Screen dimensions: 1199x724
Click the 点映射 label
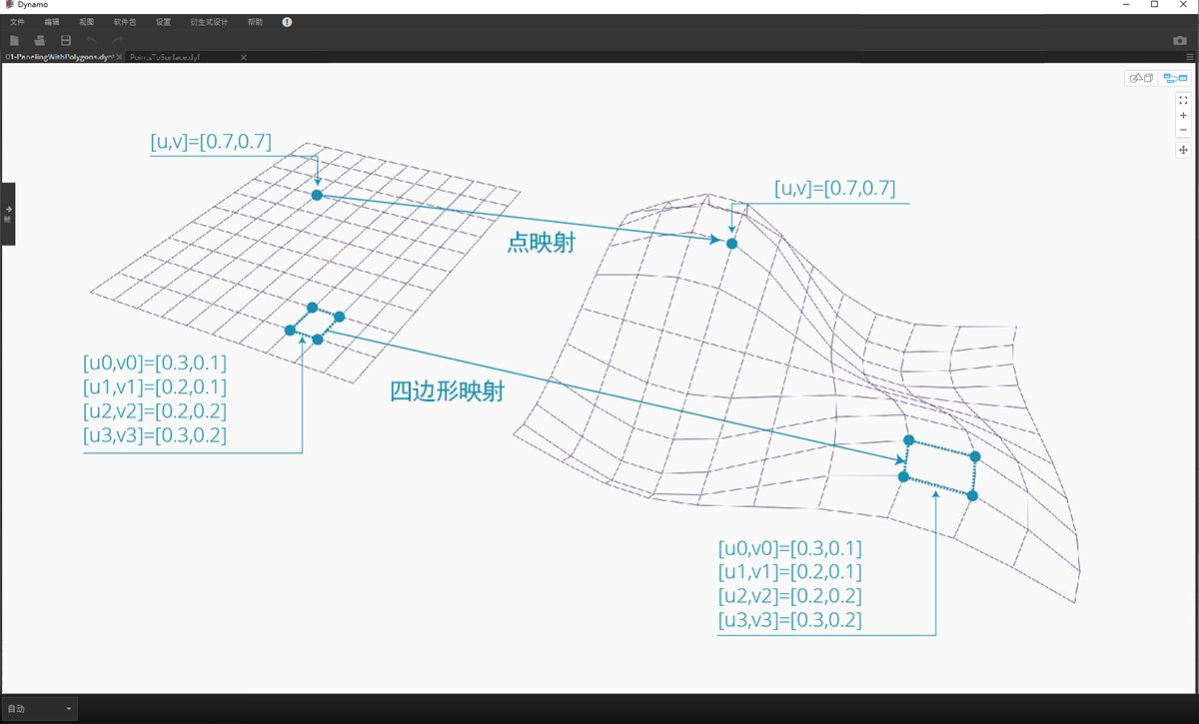tap(541, 243)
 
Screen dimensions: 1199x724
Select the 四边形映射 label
tap(448, 391)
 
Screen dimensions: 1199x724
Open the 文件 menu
tap(17, 22)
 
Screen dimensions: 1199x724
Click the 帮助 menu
tap(256, 22)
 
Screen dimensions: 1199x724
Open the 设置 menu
tap(164, 22)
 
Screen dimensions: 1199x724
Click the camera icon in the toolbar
tap(1179, 40)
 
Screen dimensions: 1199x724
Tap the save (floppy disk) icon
tap(66, 40)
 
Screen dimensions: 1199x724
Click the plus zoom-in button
tap(1183, 115)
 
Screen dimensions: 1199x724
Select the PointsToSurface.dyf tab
tap(166, 57)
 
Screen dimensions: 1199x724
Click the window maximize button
tap(1154, 5)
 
